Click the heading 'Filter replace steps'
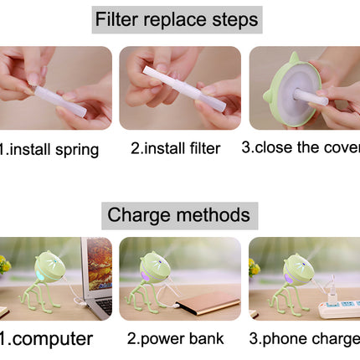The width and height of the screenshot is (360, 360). coord(177,19)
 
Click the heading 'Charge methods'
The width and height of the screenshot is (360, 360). coord(179,215)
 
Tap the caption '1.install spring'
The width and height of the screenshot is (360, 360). coord(49,150)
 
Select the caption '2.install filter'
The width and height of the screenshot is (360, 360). coord(176,148)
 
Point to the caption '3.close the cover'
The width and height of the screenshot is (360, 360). coord(301,147)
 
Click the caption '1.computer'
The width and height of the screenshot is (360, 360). coord(46,339)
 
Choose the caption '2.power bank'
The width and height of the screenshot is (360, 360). coord(176,339)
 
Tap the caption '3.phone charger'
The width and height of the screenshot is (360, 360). coord(305,339)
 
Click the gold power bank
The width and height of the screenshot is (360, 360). coord(208,303)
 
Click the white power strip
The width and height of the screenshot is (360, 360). coord(340,309)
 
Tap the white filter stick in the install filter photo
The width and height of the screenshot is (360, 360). coord(184,89)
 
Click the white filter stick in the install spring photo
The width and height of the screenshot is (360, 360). coord(60,101)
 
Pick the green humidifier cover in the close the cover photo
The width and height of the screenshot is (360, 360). coord(292,90)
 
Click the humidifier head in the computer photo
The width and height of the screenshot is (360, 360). coord(49,266)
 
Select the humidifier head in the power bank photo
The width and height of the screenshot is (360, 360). coord(155,267)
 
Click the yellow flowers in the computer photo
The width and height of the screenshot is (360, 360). coord(5,265)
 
